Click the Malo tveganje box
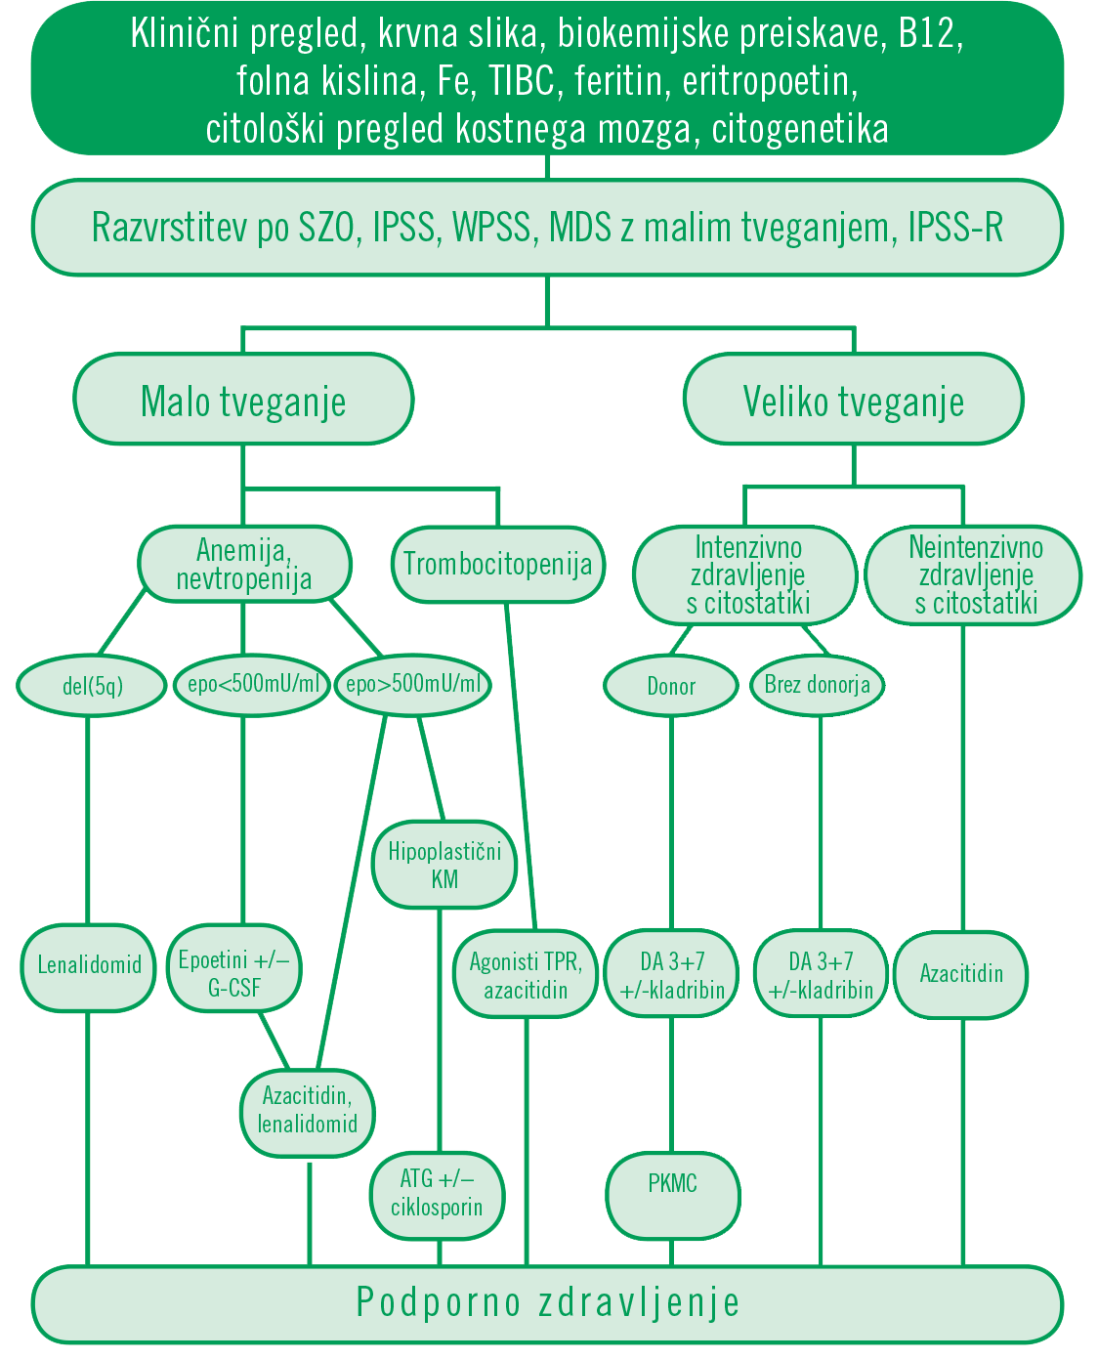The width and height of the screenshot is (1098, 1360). (243, 401)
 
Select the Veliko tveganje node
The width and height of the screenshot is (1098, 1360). (853, 401)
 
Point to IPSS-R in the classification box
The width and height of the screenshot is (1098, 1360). (954, 228)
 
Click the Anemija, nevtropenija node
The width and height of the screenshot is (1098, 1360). (243, 564)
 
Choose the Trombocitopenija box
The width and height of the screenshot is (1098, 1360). (497, 564)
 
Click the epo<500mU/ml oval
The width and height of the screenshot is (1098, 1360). (252, 684)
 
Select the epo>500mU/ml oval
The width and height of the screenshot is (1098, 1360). (412, 684)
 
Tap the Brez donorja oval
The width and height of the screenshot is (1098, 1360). (817, 685)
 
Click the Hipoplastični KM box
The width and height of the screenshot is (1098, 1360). (444, 865)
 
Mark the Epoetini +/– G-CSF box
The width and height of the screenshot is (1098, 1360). (234, 973)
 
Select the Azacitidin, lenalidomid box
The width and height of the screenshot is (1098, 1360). (308, 1110)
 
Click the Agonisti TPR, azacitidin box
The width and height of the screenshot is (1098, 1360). (526, 975)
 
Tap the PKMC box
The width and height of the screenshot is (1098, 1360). (672, 1185)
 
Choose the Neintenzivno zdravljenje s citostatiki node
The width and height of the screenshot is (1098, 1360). (975, 574)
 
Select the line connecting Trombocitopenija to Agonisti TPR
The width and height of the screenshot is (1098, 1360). (521, 762)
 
